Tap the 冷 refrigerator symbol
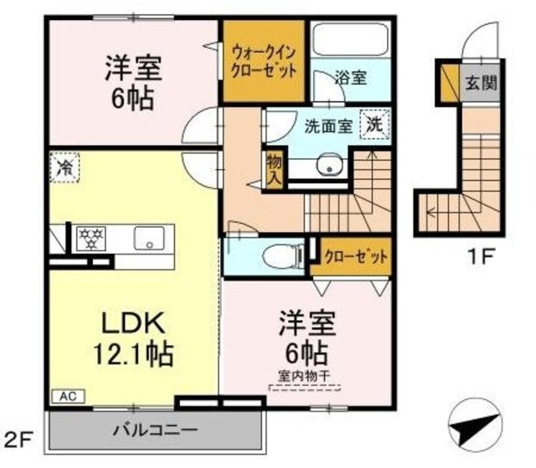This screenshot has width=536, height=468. [x=64, y=167]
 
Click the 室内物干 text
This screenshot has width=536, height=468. [x=304, y=376]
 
